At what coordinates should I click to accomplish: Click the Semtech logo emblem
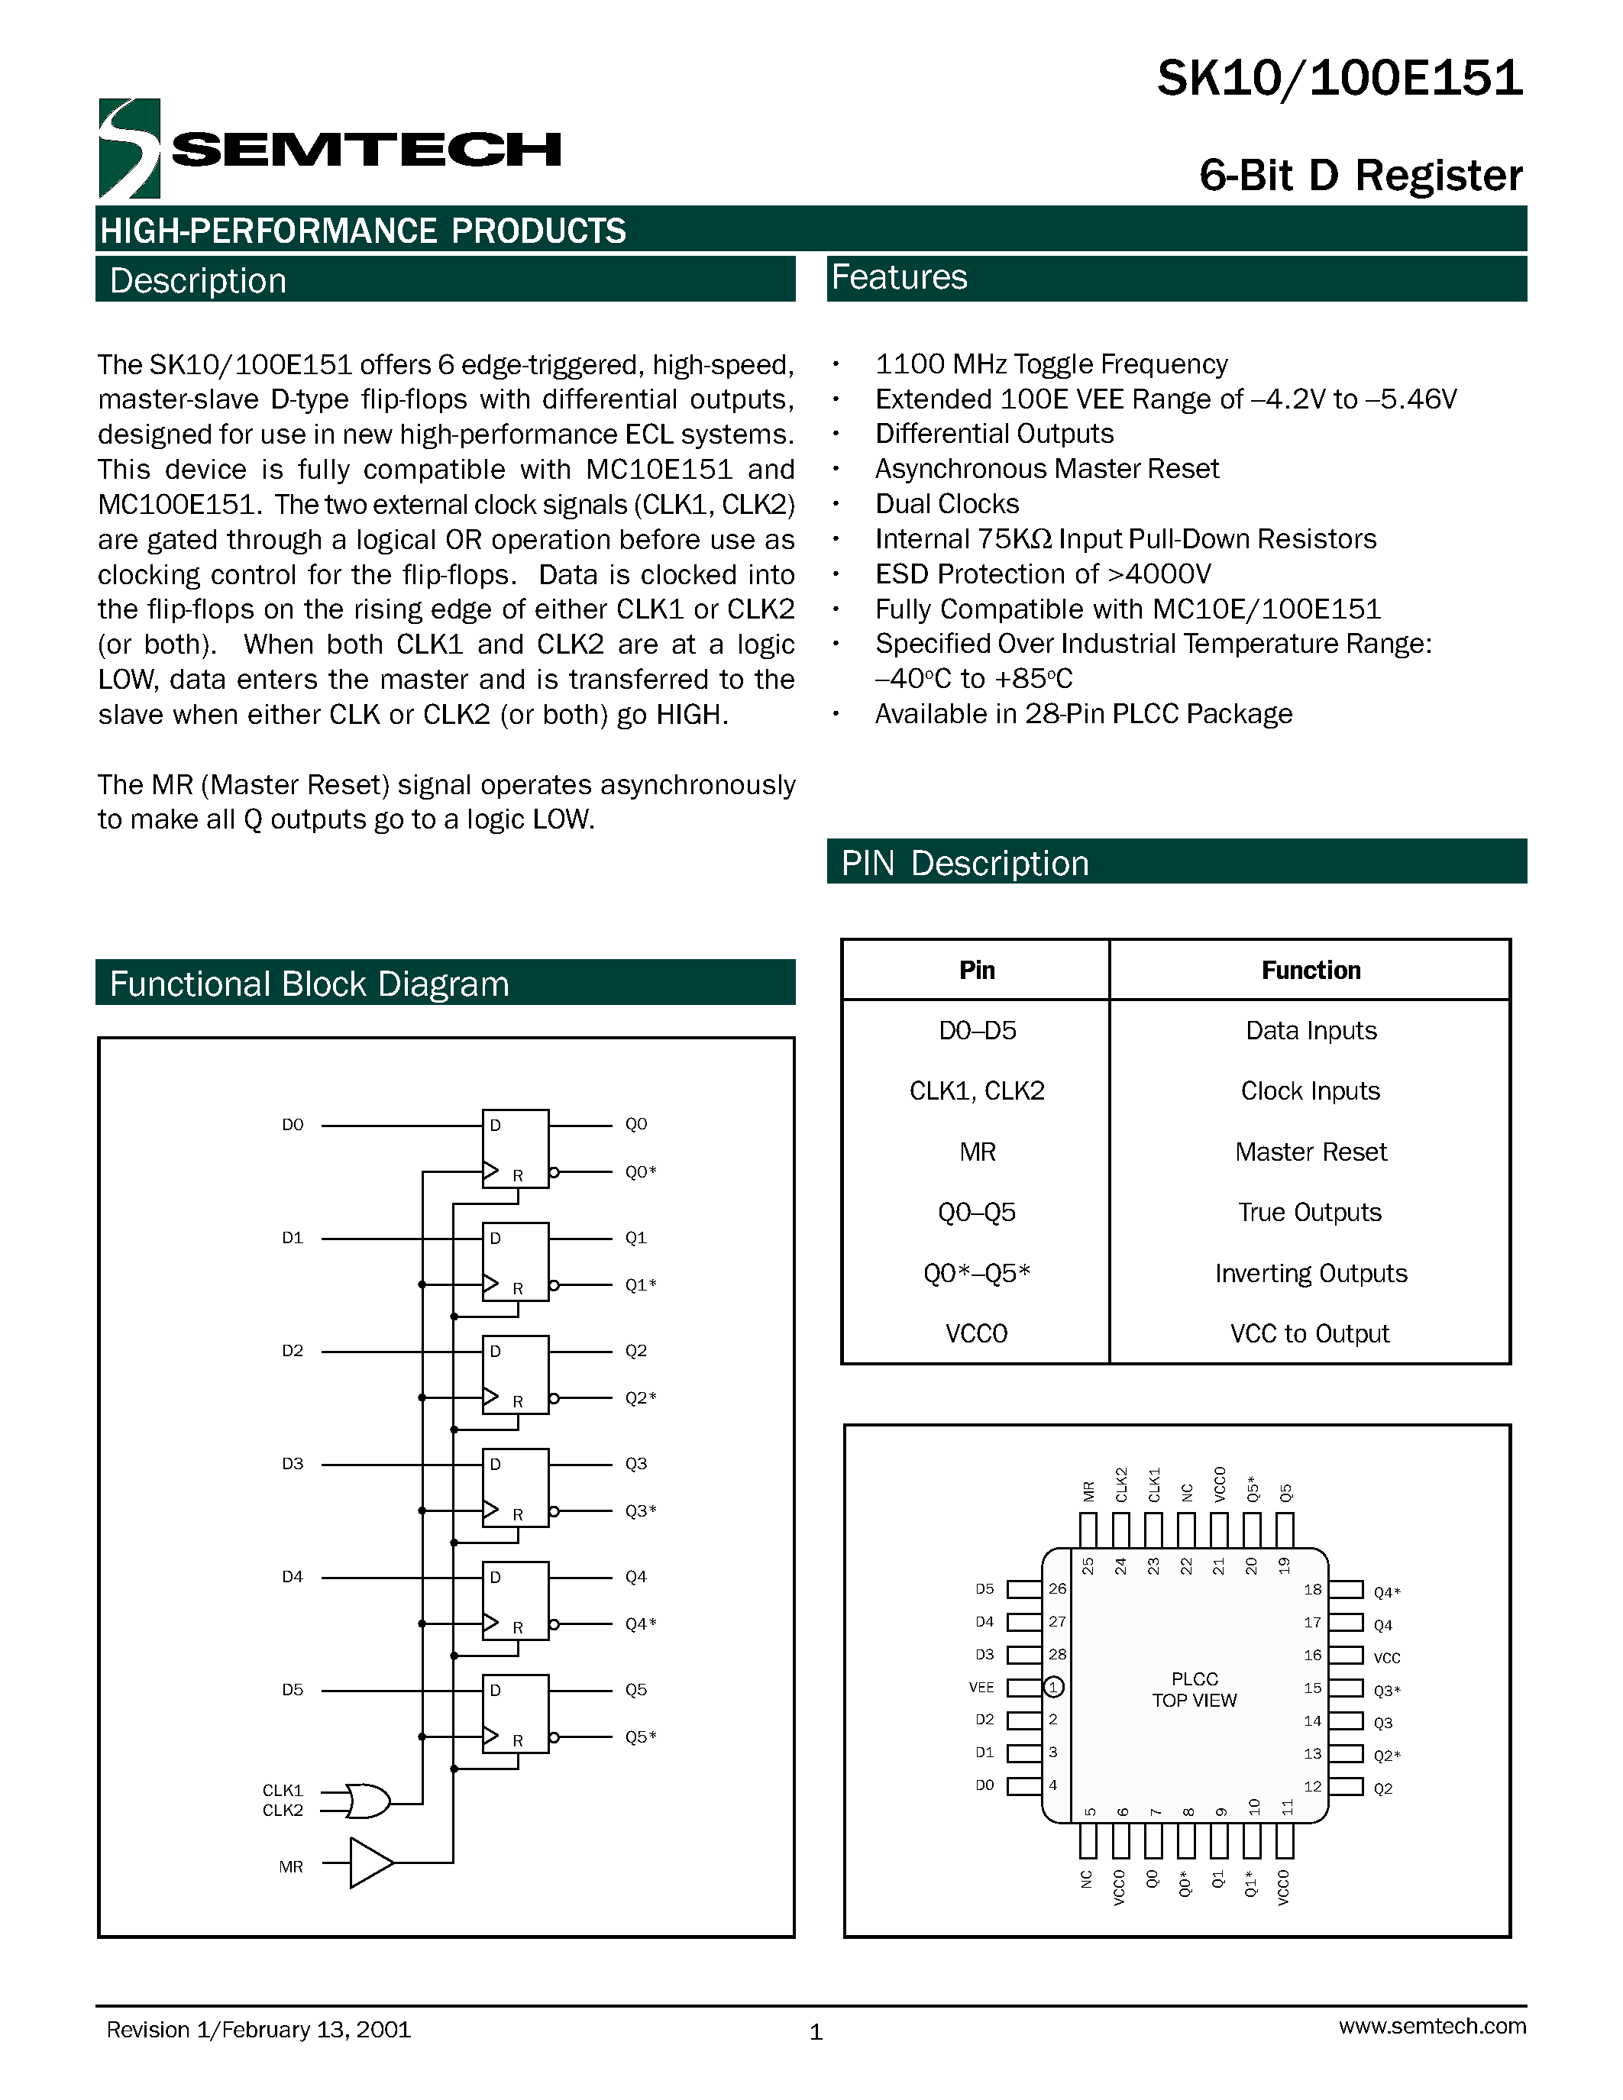(129, 148)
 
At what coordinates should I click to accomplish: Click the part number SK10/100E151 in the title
(1340, 78)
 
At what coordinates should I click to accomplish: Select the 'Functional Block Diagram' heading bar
(445, 983)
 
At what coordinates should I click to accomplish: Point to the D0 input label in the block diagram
(293, 1124)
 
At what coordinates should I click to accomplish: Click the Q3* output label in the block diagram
(640, 1510)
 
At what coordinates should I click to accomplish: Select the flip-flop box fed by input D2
(516, 1374)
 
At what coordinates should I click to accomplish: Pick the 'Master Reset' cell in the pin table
(1311, 1151)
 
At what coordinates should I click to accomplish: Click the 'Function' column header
(1311, 969)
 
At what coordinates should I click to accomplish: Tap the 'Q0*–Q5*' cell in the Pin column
(976, 1273)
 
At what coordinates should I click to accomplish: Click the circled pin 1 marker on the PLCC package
(1054, 1687)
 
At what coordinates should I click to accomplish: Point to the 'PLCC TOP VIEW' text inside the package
(1195, 1689)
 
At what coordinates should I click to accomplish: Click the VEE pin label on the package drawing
(981, 1687)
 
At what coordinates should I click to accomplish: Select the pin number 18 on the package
(1312, 1589)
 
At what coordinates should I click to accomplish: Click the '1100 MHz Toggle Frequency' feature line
(1051, 363)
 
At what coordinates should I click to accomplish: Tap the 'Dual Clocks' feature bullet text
(946, 504)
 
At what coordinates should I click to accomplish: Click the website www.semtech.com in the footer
(1431, 2025)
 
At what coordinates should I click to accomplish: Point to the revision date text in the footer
(259, 2029)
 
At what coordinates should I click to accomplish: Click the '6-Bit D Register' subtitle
(1360, 175)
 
